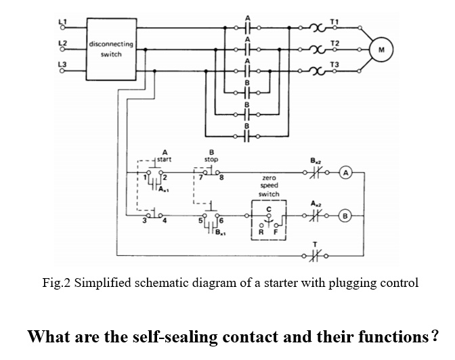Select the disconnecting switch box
click(111, 49)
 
